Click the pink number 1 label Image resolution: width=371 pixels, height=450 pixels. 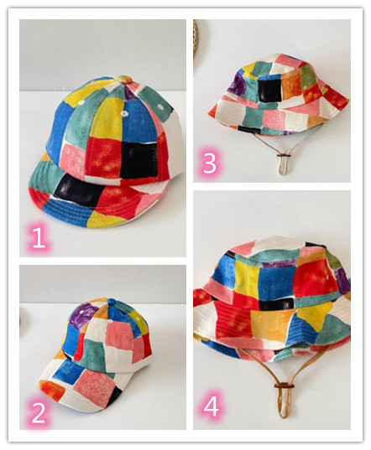tap(39, 238)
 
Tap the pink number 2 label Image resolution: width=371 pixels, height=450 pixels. tap(39, 412)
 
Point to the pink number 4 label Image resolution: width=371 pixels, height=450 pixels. tap(211, 406)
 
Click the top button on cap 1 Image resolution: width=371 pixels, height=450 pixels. tap(124, 80)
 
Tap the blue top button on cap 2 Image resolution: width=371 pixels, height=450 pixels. tap(112, 302)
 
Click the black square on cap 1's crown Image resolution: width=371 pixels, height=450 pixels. tap(138, 159)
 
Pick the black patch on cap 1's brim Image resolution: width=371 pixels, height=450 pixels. tap(78, 189)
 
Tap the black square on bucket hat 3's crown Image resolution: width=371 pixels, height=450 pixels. tap(269, 90)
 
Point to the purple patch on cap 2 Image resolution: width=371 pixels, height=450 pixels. tap(81, 317)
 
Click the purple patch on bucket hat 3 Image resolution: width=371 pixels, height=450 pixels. tap(237, 83)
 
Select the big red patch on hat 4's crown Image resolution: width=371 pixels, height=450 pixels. tap(315, 278)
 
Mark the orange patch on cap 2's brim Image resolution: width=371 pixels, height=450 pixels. tap(52, 391)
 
